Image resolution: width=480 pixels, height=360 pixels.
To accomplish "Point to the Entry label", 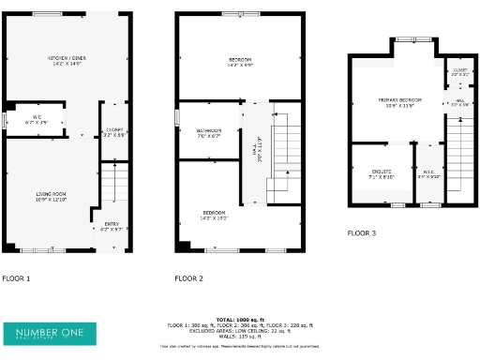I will (x=112, y=226).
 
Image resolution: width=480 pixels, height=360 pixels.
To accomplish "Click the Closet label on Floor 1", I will (x=114, y=132).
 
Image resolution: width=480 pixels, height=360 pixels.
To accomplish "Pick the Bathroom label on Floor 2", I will (x=209, y=132).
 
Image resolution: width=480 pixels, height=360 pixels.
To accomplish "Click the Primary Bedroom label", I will (x=400, y=101).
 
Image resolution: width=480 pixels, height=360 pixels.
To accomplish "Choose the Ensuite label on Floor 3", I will (x=368, y=173).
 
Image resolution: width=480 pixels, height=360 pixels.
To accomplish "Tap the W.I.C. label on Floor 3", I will (x=428, y=173).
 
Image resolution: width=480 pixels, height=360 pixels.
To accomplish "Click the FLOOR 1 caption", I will (x=16, y=278).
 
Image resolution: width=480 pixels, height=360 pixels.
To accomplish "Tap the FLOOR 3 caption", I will (x=362, y=232).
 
